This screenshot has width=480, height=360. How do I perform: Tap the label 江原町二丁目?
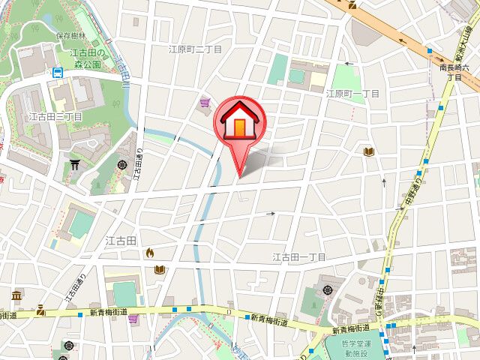[x=196, y=49]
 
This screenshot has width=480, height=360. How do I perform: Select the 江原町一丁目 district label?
[x=352, y=94]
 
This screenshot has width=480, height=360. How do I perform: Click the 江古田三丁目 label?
[x=54, y=117]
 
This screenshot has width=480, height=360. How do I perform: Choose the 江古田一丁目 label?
[x=298, y=257]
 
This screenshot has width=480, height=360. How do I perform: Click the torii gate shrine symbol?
[x=76, y=163]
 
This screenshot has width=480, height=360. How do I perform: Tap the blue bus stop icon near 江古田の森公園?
[x=58, y=73]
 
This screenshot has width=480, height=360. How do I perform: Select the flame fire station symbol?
[x=150, y=253]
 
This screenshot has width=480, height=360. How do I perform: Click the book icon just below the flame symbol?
[x=159, y=269]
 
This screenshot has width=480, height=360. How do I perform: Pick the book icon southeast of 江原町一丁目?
[x=368, y=152]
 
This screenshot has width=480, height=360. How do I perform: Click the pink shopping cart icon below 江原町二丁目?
[x=205, y=103]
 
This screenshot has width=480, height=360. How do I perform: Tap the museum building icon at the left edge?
[x=16, y=295]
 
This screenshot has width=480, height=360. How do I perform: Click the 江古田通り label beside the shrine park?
[x=138, y=172]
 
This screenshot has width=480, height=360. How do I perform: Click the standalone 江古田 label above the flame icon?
[x=121, y=241]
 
